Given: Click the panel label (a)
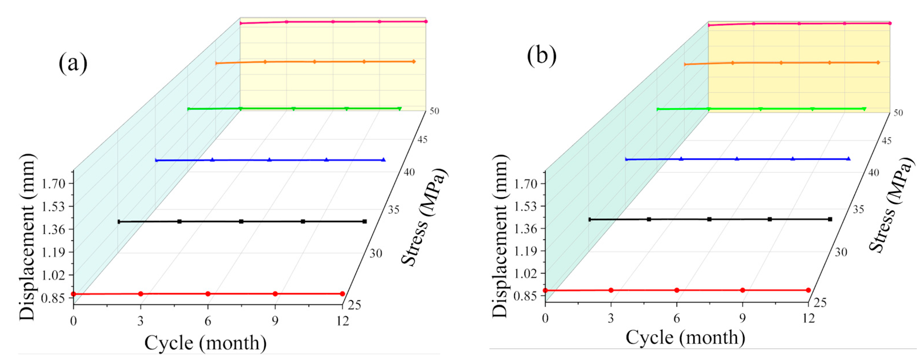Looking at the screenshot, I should tap(73, 64).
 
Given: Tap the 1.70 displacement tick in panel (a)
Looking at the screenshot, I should tap(53, 184).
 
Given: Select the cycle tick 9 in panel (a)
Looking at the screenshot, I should tap(275, 321).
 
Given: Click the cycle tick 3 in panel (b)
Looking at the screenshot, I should tap(611, 318).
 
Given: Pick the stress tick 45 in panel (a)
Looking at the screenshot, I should tap(422, 139).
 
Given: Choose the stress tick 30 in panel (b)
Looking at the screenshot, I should tap(841, 252).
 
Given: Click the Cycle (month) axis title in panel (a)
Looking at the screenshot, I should tap(206, 343).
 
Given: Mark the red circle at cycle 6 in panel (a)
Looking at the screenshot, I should tap(208, 294).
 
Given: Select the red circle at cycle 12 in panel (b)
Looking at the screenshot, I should tap(808, 290).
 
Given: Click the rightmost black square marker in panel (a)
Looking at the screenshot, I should tap(364, 222).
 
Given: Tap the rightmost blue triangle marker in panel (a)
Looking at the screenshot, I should tap(383, 160).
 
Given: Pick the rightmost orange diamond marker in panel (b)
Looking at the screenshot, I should tap(878, 63).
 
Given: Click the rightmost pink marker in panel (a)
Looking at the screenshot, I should tap(426, 21).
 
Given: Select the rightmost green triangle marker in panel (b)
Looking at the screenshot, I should tap(864, 109).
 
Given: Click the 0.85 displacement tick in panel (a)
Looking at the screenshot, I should tap(53, 298).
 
